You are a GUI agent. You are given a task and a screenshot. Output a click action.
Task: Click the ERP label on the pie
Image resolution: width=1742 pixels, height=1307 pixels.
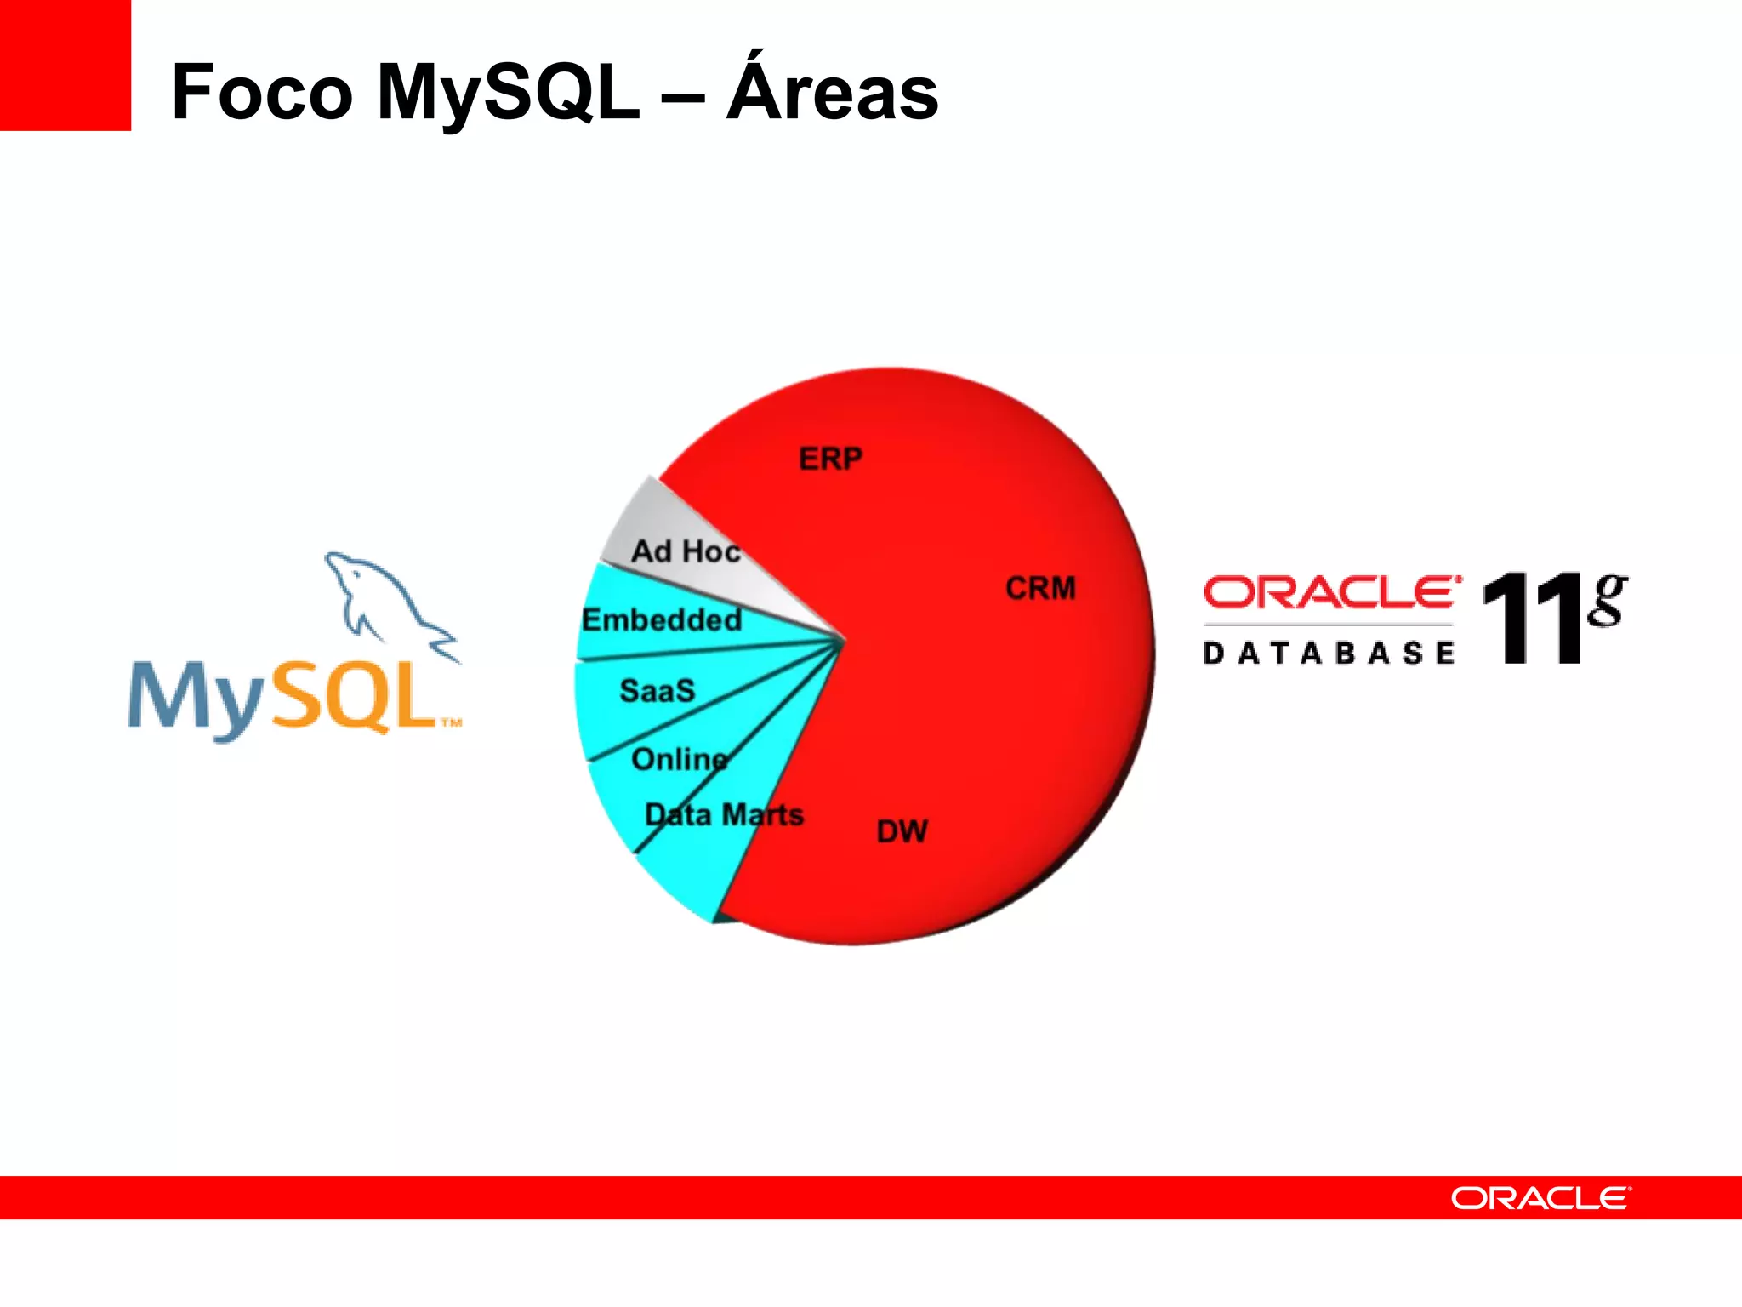pyautogui.click(x=830, y=459)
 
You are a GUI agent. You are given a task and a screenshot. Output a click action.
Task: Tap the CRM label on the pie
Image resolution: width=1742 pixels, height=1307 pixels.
pyautogui.click(x=1040, y=589)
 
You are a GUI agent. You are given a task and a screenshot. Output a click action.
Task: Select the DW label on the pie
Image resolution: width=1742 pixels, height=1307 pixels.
pyautogui.click(x=902, y=831)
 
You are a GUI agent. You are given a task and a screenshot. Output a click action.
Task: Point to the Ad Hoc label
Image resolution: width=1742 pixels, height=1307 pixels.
pyautogui.click(x=686, y=551)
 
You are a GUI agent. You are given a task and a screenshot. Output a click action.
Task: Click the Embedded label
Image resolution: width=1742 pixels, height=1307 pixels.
pyautogui.click(x=662, y=620)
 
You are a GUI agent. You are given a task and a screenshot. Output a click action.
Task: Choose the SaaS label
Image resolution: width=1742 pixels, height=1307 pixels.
pyautogui.click(x=657, y=691)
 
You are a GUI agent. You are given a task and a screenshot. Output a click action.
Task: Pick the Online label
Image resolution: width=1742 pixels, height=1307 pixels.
pyautogui.click(x=680, y=759)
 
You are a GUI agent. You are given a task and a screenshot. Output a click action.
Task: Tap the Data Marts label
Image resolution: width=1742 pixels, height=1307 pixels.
pyautogui.click(x=724, y=815)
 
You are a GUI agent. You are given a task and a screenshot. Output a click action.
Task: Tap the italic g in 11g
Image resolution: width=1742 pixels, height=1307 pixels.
pyautogui.click(x=1607, y=599)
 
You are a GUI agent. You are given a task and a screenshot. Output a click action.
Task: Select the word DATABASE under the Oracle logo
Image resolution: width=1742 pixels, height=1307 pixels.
pyautogui.click(x=1329, y=653)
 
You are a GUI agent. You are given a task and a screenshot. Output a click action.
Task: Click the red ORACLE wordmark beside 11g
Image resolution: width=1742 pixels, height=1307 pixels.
pyautogui.click(x=1331, y=592)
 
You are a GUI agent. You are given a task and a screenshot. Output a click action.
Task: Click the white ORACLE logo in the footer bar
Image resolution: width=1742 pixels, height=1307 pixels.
pyautogui.click(x=1540, y=1198)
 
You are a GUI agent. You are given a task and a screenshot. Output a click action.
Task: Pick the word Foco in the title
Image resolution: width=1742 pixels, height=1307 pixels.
pyautogui.click(x=261, y=93)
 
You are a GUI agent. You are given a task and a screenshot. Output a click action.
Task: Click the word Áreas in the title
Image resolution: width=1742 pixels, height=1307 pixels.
pyautogui.click(x=832, y=90)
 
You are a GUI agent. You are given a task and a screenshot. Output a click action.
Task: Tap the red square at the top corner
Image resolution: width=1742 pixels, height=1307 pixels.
pyautogui.click(x=65, y=65)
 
